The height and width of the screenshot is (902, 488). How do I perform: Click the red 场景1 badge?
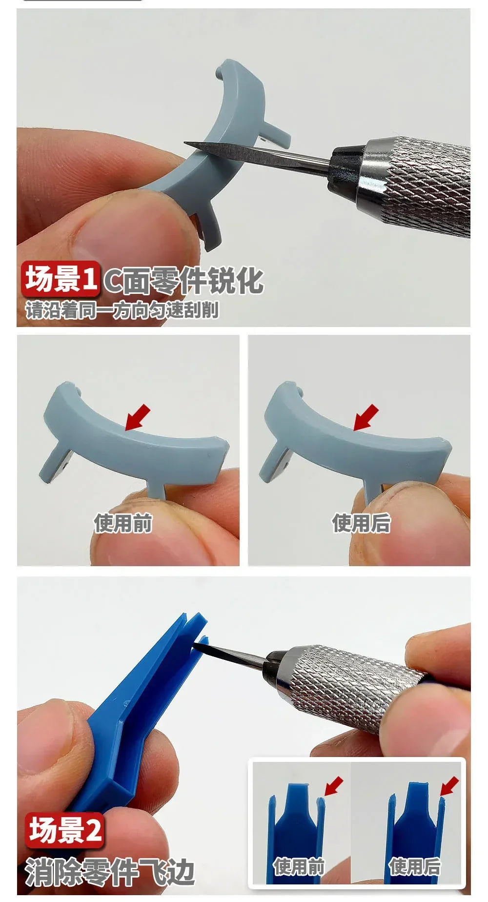point(61,279)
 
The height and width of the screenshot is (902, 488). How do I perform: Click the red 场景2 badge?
point(65,830)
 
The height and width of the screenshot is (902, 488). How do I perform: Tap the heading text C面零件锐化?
point(183,281)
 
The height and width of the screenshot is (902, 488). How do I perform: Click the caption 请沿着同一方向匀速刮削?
point(122,310)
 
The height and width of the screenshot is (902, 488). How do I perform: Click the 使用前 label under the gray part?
point(123,523)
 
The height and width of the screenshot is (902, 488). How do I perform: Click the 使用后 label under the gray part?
point(361,523)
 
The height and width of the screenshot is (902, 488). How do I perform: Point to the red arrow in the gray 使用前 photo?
point(138,417)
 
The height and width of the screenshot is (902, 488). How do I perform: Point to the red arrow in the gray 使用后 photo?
point(366,417)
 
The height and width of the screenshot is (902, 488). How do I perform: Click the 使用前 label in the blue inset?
point(299,867)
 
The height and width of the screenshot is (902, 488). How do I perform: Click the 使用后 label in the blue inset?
point(414,867)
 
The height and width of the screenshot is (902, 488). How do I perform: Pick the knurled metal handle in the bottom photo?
point(351,683)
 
